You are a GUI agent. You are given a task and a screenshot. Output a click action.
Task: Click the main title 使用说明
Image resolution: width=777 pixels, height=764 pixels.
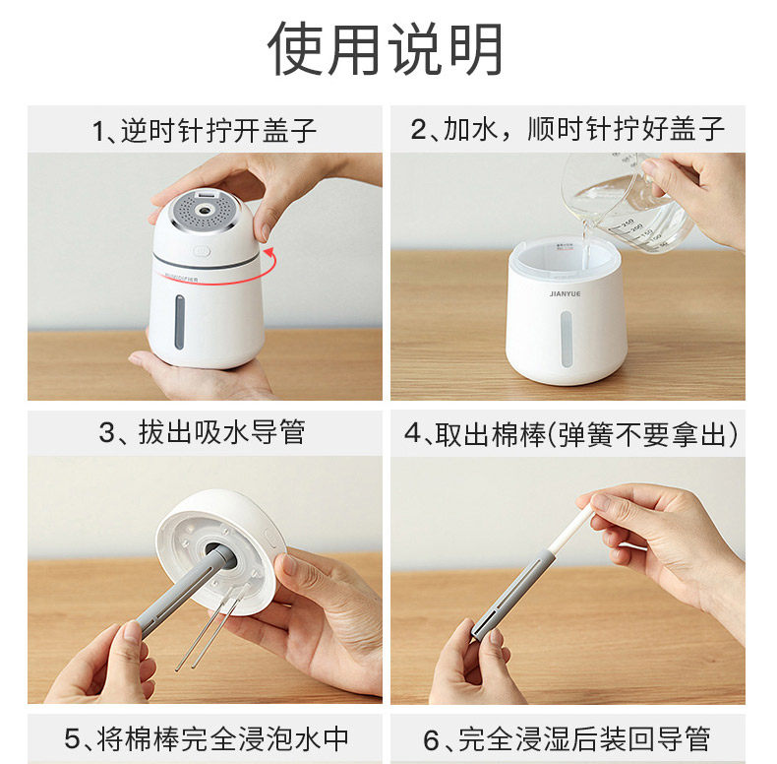[x=386, y=48]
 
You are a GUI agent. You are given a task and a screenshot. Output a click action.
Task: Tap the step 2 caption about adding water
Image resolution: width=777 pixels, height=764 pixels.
[x=568, y=130]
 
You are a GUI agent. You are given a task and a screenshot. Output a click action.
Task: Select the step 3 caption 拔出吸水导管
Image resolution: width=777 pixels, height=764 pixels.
[x=202, y=432]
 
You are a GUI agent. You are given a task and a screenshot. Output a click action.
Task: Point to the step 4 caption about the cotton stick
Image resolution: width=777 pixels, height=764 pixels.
[x=570, y=434]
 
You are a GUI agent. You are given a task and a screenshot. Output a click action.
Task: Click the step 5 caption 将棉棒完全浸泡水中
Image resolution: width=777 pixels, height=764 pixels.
[x=207, y=739]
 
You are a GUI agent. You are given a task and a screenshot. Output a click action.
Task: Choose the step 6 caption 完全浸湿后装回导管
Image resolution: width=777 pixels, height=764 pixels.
[x=567, y=739]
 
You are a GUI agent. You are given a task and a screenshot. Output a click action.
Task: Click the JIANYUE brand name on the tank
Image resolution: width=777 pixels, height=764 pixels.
[x=565, y=293]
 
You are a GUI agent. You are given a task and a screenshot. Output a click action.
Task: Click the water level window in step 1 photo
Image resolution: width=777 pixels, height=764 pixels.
[x=179, y=323]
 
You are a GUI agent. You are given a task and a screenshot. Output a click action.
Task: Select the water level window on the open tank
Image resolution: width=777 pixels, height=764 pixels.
[x=566, y=340]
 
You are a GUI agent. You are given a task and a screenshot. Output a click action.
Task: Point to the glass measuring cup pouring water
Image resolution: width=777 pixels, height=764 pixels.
[x=627, y=201]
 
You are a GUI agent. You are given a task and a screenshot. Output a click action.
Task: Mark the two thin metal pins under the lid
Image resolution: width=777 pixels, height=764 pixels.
[x=211, y=626]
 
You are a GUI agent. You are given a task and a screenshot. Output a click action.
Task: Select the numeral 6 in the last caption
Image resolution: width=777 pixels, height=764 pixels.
[x=431, y=740]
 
